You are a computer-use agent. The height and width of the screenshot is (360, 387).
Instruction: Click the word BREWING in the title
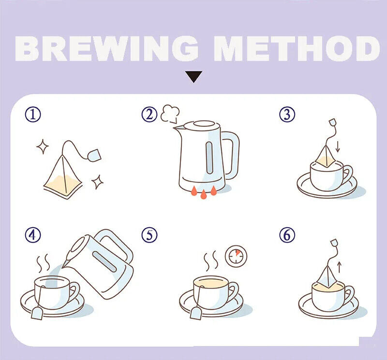pos(106,48)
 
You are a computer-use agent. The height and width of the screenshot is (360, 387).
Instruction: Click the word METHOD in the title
pos(297,48)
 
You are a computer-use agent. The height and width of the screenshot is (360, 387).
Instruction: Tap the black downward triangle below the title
pos(194,76)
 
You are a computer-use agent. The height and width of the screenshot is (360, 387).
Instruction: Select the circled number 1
pos(33,115)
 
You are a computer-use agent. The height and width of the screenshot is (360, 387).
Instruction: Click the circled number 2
pos(149,115)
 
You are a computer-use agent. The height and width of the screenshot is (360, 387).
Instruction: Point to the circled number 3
pos(287,115)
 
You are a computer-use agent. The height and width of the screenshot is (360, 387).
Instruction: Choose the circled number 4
pos(33,235)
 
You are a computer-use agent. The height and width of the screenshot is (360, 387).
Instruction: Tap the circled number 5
pos(149,235)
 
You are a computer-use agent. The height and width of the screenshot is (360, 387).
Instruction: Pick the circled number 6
pos(287,235)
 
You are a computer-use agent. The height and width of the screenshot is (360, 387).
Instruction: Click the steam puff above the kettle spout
pos(170,114)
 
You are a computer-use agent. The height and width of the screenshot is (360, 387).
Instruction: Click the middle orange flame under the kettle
pos(203,194)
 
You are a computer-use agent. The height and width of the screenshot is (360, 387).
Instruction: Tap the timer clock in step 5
pos(236,256)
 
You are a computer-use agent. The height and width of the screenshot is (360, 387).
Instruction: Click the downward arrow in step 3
pos(338,146)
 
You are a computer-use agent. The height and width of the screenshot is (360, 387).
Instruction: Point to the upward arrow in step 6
pos(340,267)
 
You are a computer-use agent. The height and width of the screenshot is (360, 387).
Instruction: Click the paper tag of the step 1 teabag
pos(94,156)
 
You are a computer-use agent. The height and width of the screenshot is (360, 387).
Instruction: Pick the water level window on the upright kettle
pos(209,158)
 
